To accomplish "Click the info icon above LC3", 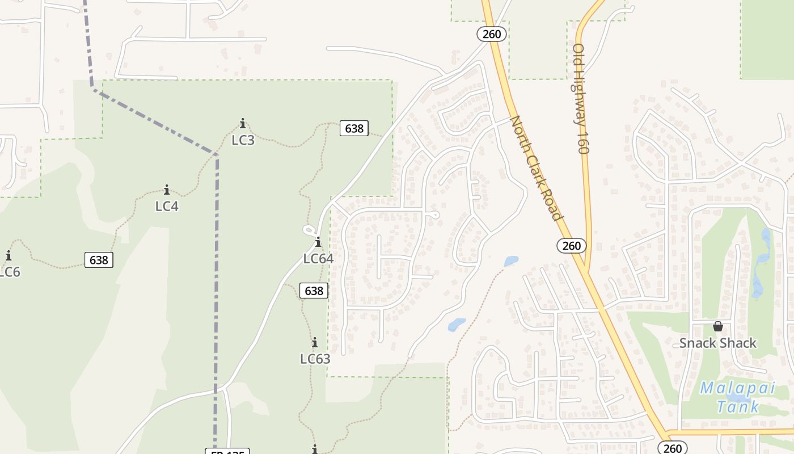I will click(243, 123).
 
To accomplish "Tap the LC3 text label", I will click(243, 140).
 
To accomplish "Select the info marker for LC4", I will click(167, 190).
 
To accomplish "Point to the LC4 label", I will click(167, 206).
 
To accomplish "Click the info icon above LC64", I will click(318, 242).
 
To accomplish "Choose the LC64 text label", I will click(318, 259).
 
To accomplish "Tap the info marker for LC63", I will click(315, 343).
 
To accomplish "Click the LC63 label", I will click(315, 359).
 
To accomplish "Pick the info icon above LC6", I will click(9, 256).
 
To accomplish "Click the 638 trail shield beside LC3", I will click(354, 128).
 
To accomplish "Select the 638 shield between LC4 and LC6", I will click(99, 260).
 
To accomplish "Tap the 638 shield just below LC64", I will click(314, 291).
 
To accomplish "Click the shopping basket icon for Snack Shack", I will click(718, 326).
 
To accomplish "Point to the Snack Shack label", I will click(718, 343).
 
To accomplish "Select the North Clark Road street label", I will click(536, 168).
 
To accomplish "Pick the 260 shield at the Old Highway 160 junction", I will click(572, 245).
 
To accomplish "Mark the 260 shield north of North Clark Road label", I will click(491, 34).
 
